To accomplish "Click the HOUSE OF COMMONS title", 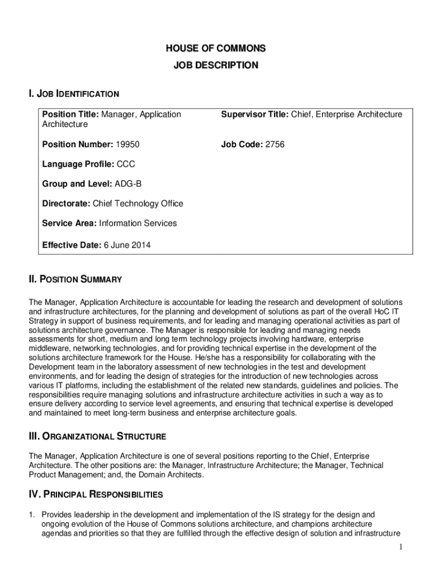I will point(216,49).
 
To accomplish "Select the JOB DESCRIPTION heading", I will point(216,65).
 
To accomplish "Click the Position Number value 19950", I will point(127,144).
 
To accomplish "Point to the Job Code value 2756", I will point(274,144).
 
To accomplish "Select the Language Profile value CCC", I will point(126,164).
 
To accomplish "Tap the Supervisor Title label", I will point(254,115).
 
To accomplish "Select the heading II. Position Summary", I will point(75,279).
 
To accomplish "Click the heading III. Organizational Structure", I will point(97,436).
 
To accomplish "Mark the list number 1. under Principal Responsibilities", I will point(33,515).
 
